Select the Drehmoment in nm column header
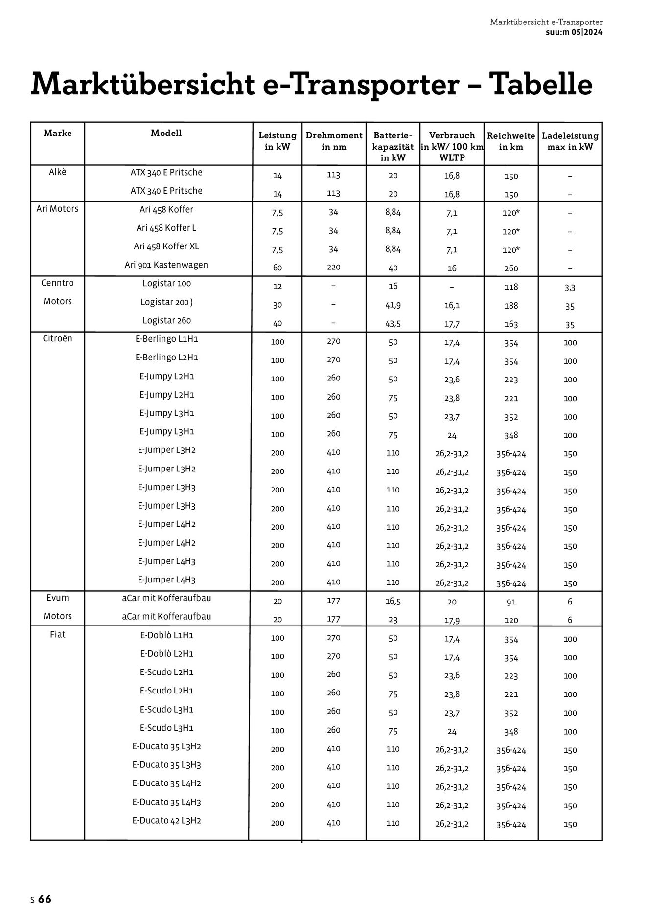tap(334, 141)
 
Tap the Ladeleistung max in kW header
tap(570, 141)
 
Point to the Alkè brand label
tap(58, 172)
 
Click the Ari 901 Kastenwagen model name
tap(166, 265)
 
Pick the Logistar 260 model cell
tap(166, 321)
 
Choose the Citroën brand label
tap(58, 338)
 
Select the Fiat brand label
tap(58, 635)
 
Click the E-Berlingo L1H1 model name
tap(166, 339)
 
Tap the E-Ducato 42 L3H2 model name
tap(166, 821)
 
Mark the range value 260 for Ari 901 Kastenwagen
tap(511, 268)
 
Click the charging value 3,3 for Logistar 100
tap(570, 288)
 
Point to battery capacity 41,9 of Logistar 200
tap(393, 305)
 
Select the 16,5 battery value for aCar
tap(393, 602)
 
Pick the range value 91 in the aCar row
tap(511, 602)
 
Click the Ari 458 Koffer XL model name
tap(166, 246)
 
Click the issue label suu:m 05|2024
tap(574, 32)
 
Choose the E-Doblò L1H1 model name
tap(166, 635)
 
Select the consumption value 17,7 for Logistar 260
tap(452, 324)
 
